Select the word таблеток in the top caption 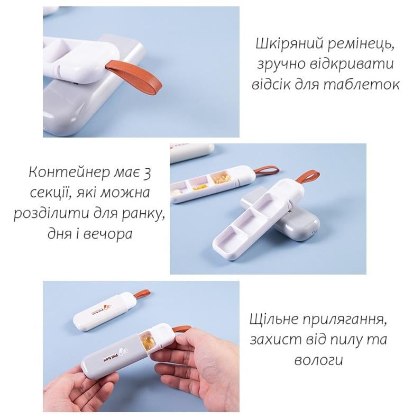point(362,85)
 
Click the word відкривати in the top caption point(352,65)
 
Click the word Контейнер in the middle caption point(69,172)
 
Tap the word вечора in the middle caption point(108,234)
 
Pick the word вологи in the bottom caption point(318,360)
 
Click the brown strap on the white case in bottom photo point(142,294)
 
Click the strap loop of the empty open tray point(307,178)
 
